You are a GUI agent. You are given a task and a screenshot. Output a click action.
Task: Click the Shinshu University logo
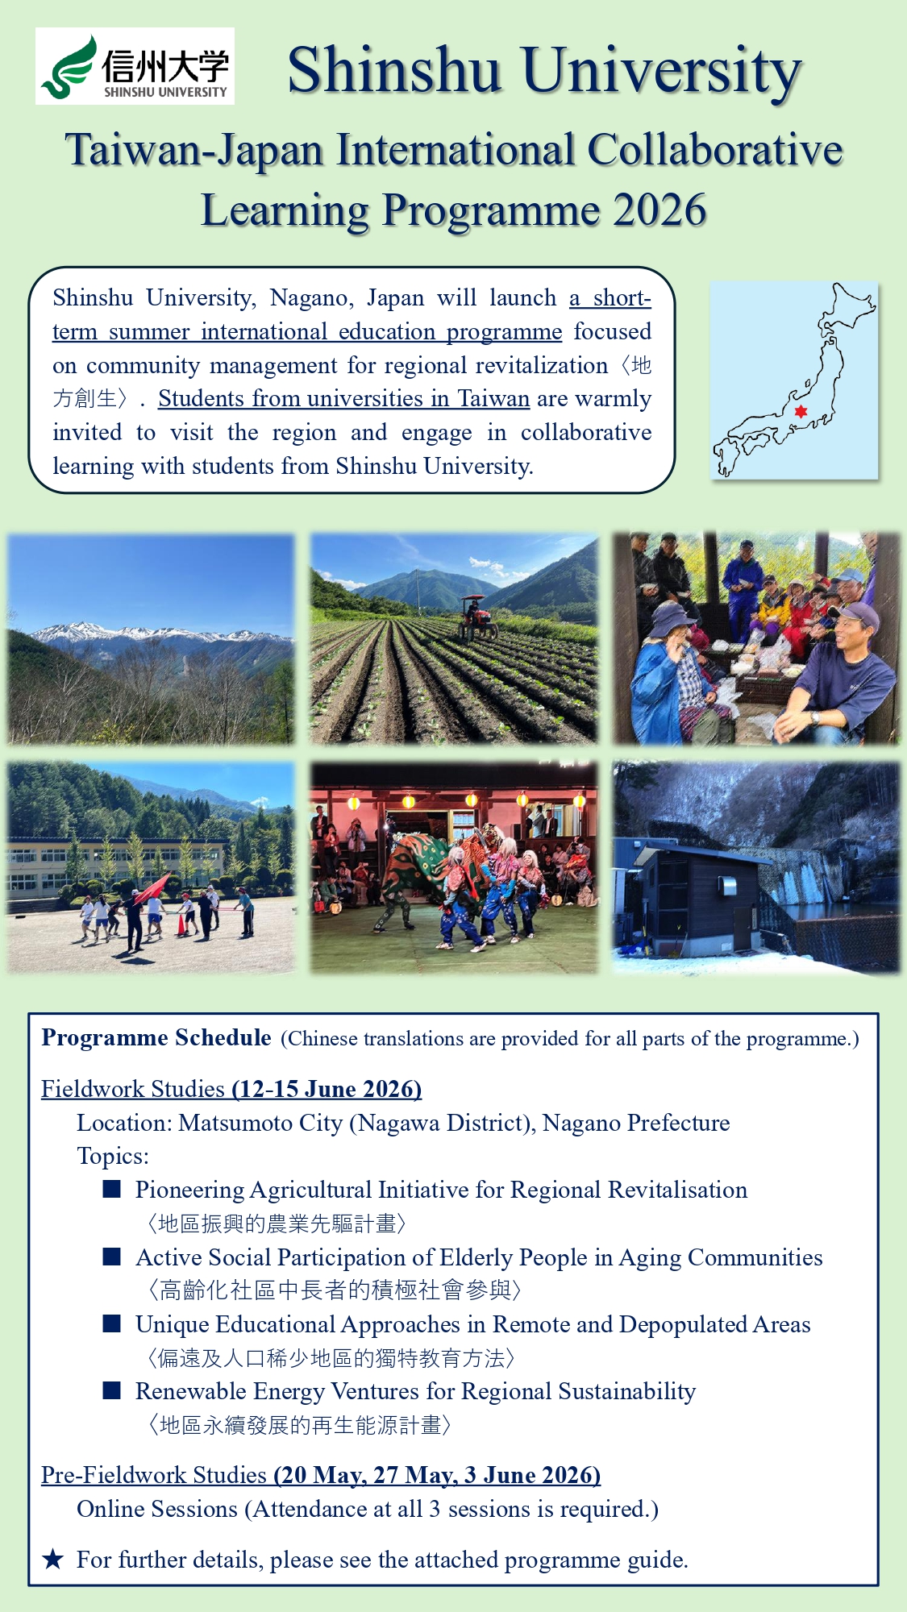(135, 66)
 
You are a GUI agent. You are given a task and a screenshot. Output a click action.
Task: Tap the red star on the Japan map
(801, 411)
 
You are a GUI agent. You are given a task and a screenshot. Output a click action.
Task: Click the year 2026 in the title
(659, 211)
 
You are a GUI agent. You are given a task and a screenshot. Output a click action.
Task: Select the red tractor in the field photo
(477, 618)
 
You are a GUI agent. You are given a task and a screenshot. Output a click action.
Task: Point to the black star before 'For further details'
(53, 1559)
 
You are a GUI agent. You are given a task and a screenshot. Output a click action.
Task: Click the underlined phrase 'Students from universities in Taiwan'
(343, 399)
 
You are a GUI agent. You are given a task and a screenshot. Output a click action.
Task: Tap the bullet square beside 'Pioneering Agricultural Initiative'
(112, 1189)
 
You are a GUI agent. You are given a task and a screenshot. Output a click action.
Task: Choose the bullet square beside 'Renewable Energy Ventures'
(112, 1390)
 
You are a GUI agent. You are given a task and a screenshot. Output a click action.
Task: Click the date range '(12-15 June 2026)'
(327, 1089)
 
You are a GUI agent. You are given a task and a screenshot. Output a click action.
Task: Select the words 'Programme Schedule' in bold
(156, 1037)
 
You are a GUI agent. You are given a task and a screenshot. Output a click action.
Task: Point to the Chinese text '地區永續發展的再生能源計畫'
(300, 1425)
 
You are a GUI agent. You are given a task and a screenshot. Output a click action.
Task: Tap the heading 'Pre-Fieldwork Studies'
(154, 1475)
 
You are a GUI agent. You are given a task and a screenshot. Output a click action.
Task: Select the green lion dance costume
(414, 867)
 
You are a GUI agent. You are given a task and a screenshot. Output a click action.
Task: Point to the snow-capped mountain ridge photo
(152, 638)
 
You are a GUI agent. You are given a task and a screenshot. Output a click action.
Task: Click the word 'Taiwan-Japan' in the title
(194, 151)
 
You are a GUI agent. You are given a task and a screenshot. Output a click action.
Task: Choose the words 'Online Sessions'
(157, 1509)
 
